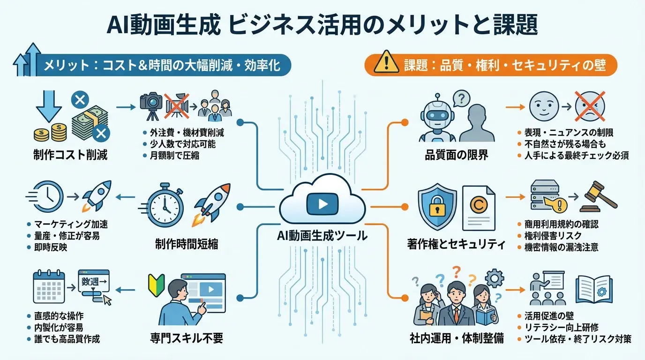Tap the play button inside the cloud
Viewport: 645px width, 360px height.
tap(322, 203)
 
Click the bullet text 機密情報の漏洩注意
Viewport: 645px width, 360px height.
tap(562, 247)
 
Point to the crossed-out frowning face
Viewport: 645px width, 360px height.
tap(590, 107)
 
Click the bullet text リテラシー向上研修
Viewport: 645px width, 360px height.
tap(561, 328)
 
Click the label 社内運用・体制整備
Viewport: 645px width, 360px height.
tap(456, 337)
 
